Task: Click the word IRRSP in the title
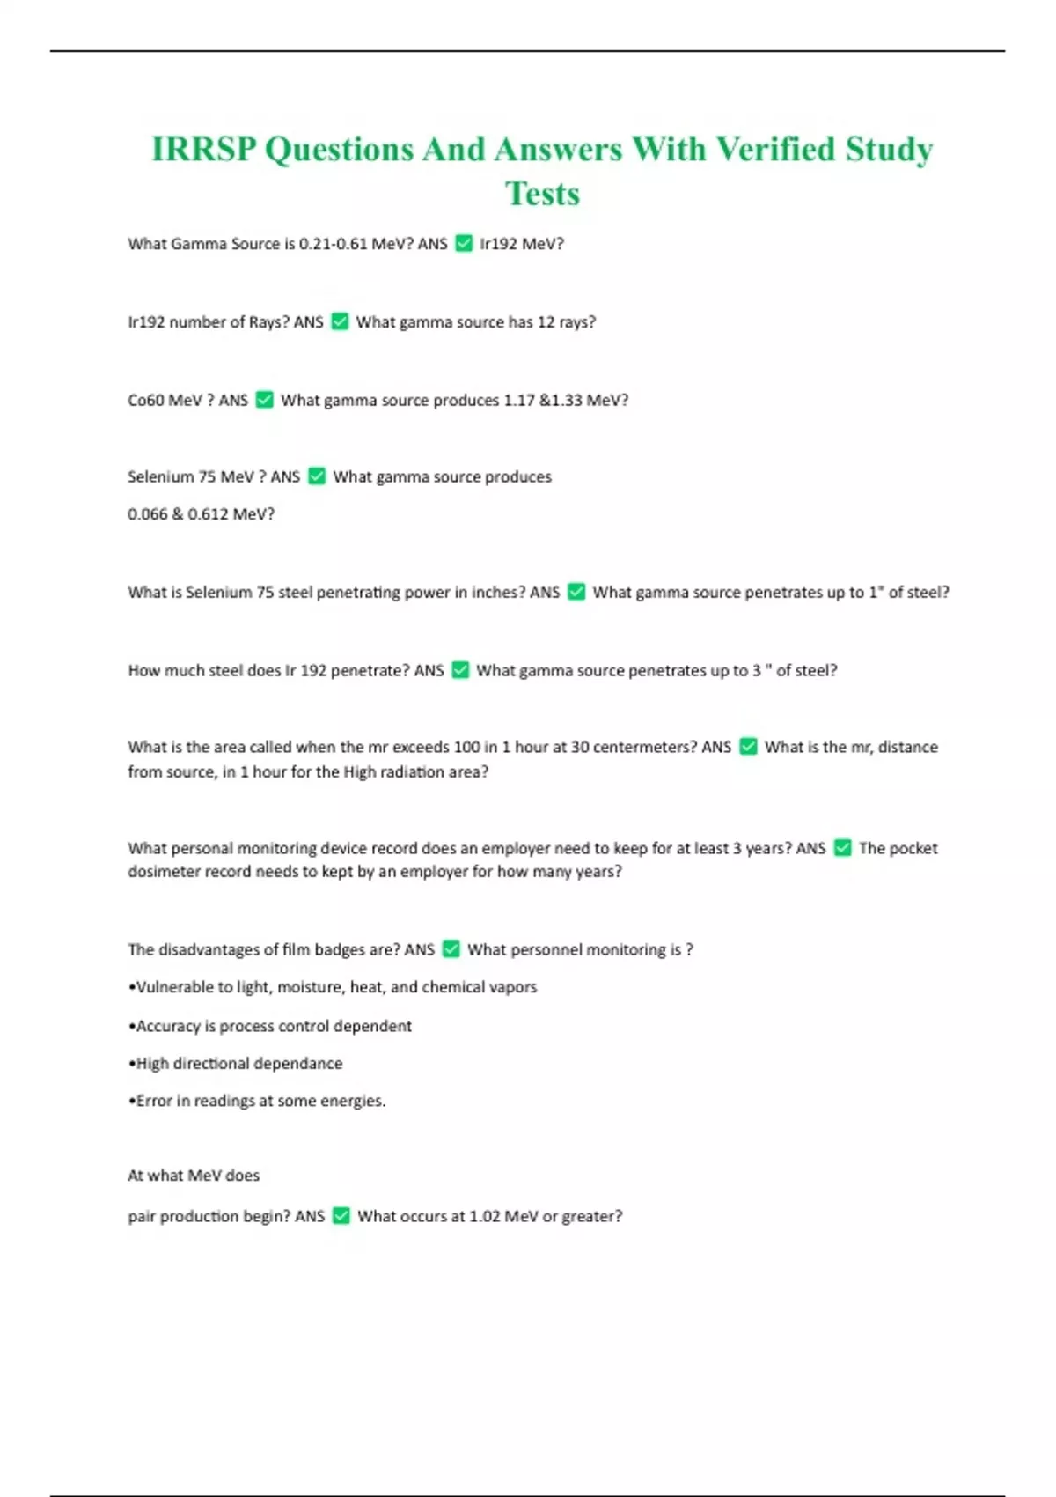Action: tap(203, 150)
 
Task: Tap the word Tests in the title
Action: tap(542, 194)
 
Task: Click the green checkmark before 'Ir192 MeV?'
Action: tap(464, 244)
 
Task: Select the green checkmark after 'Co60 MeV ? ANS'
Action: tap(264, 400)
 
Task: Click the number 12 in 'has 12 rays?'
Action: tap(546, 322)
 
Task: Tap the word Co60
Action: tap(146, 401)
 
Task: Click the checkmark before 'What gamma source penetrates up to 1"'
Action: tap(576, 593)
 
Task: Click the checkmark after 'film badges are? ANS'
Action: tap(451, 949)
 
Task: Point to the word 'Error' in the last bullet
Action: tap(154, 1101)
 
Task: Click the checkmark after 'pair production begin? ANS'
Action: tap(341, 1216)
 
